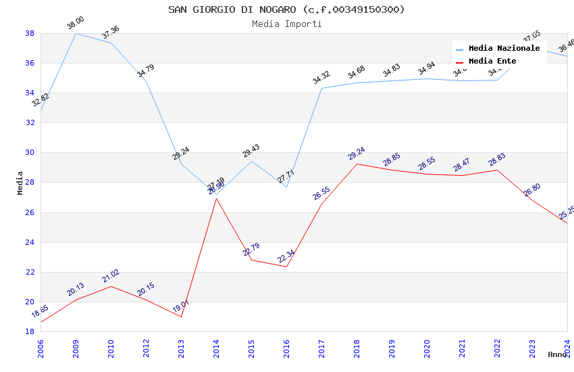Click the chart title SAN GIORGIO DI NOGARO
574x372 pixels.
[286, 9]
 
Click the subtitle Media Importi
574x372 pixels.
[286, 24]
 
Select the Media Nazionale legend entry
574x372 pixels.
[504, 49]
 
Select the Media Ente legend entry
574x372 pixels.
[492, 62]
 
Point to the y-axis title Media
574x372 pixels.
[20, 183]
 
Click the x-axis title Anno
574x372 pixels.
[557, 354]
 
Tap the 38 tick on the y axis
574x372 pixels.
[30, 33]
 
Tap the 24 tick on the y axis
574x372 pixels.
[30, 242]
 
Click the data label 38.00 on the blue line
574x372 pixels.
[75, 24]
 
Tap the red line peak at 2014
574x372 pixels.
[216, 198]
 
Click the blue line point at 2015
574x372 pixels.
[251, 161]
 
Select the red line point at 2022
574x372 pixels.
[497, 170]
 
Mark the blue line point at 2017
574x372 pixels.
[321, 88]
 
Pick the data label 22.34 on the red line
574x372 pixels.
[286, 256]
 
